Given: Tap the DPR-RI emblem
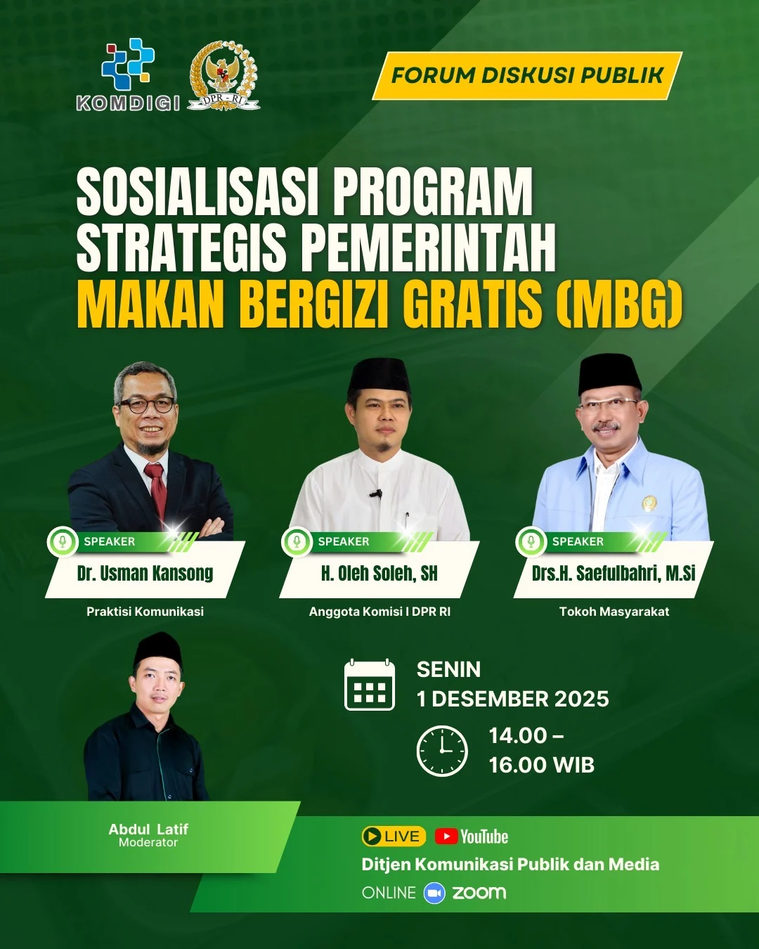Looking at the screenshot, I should coord(224,75).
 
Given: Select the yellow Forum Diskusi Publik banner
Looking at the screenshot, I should coord(526,75).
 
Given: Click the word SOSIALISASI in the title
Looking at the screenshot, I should coord(197,193).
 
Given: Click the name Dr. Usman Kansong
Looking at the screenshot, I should coord(145,574).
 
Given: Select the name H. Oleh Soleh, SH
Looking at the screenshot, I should coord(379,574).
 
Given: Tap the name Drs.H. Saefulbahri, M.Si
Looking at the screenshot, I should coord(614,574).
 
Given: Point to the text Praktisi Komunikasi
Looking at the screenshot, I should coord(145,612).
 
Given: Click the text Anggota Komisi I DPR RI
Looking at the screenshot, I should coord(379,612).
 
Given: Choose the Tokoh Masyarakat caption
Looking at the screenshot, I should coord(614,612).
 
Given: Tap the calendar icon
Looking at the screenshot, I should coord(370,685).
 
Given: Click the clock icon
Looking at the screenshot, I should coord(442,751).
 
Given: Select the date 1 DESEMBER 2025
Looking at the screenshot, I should coord(512,699).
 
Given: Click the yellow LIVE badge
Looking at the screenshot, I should coord(394,837).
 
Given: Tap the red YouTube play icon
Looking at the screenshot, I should coord(446,837).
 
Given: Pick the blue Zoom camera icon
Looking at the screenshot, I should coord(434,893).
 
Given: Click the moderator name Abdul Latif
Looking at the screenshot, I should coord(148,829).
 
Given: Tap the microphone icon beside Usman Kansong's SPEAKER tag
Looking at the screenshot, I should coord(63,542).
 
